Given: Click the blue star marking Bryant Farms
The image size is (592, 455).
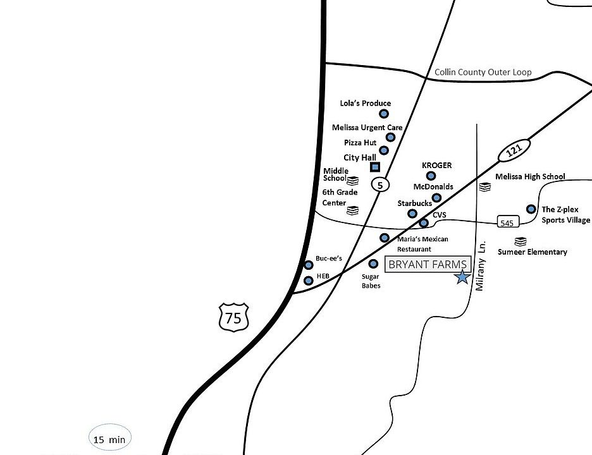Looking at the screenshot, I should (x=462, y=276).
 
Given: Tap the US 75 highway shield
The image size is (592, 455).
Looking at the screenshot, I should (x=233, y=317).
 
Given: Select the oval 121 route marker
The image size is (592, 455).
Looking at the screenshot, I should (x=514, y=151).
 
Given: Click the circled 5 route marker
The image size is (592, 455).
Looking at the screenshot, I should (x=379, y=185).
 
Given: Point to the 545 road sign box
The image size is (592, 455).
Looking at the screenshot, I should (x=509, y=222).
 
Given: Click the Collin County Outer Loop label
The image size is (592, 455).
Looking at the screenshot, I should (x=483, y=72).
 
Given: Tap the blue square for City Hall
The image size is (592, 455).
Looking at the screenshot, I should (x=375, y=167).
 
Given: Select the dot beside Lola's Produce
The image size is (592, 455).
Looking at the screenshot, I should (x=383, y=114).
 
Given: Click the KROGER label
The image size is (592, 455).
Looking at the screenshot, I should (x=436, y=166).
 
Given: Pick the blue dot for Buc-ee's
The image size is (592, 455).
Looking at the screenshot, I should (x=309, y=265).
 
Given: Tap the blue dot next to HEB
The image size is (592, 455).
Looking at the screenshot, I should (x=309, y=280).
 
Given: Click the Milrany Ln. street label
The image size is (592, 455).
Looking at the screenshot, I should (x=480, y=265).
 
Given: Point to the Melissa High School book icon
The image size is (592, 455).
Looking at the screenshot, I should (x=484, y=187).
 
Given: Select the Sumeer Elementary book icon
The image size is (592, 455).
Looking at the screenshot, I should (x=520, y=241).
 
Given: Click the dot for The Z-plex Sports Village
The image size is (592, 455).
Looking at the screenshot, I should (x=531, y=209).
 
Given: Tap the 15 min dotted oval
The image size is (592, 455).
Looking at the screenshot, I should (x=109, y=438).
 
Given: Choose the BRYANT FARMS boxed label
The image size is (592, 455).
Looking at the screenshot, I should (x=428, y=264).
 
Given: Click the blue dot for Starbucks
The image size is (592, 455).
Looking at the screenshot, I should (x=412, y=214).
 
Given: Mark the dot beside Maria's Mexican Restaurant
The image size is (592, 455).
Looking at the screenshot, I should (x=385, y=238).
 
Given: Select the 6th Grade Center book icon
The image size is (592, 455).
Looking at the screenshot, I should (x=352, y=210).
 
